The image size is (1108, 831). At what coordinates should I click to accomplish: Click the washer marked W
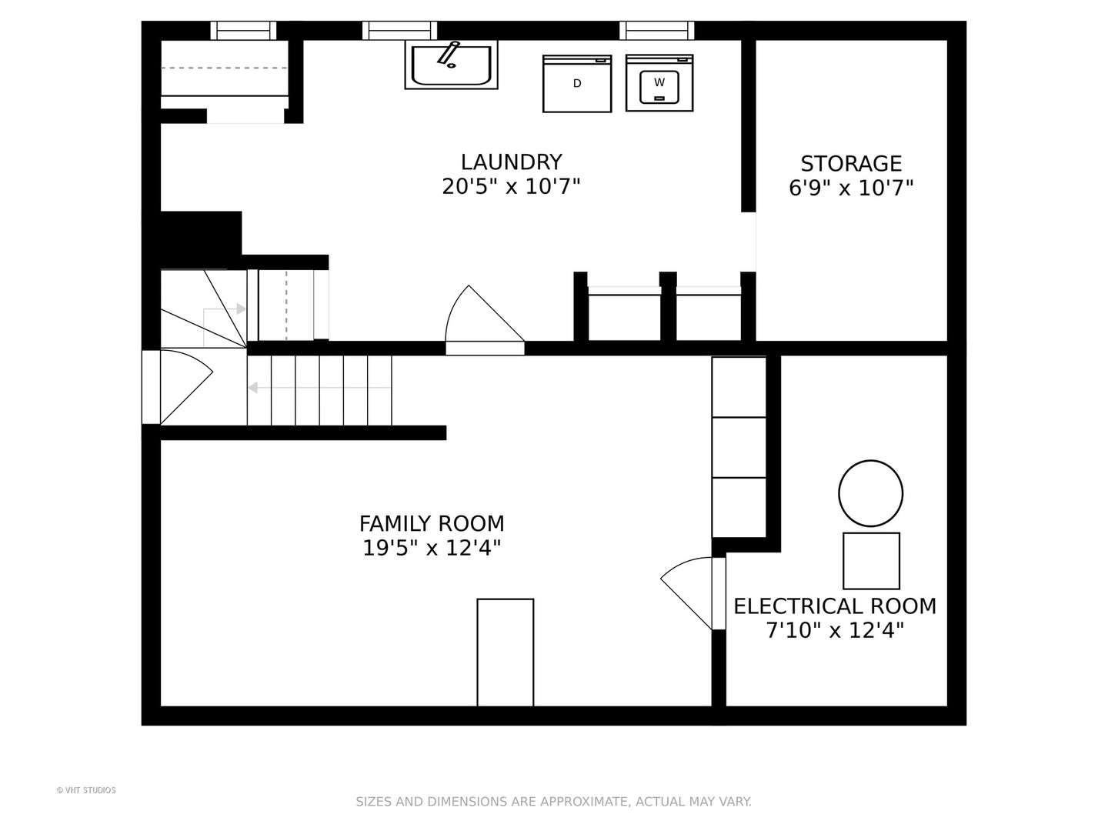pyautogui.click(x=659, y=83)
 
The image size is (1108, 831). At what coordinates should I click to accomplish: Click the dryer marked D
pyautogui.click(x=577, y=84)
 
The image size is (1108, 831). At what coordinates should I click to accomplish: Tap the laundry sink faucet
pyautogui.click(x=449, y=54)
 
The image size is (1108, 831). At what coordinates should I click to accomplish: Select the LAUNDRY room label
pyautogui.click(x=512, y=162)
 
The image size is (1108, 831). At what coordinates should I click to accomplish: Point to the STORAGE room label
pyautogui.click(x=851, y=163)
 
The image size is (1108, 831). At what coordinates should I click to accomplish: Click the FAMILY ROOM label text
pyautogui.click(x=432, y=524)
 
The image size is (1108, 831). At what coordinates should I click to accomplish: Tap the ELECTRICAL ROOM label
pyautogui.click(x=835, y=606)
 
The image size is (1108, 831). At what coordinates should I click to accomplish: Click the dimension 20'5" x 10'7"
pyautogui.click(x=512, y=186)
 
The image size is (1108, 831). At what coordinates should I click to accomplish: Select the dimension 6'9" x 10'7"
pyautogui.click(x=851, y=188)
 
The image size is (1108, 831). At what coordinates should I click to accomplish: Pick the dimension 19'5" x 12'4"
pyautogui.click(x=432, y=548)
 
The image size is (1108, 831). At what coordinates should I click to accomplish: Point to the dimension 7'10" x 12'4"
pyautogui.click(x=835, y=630)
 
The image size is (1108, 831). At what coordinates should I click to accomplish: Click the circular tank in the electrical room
pyautogui.click(x=871, y=493)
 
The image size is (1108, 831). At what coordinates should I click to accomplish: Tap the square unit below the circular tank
pyautogui.click(x=871, y=561)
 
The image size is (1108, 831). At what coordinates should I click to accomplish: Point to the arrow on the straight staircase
pyautogui.click(x=319, y=388)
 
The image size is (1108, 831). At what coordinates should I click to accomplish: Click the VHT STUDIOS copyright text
pyautogui.click(x=86, y=790)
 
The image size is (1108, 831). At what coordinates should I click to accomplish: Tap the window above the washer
pyautogui.click(x=657, y=30)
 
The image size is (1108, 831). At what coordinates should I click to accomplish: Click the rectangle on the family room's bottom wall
pyautogui.click(x=506, y=652)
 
